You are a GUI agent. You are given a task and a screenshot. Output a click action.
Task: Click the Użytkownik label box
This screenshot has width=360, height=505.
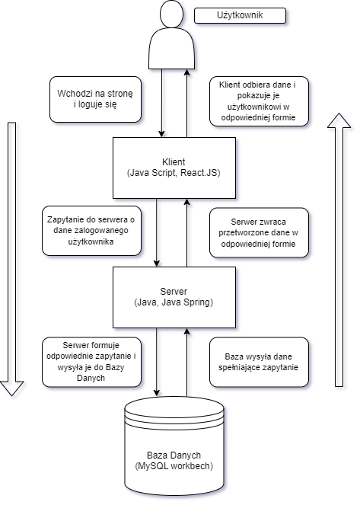pyautogui.click(x=240, y=15)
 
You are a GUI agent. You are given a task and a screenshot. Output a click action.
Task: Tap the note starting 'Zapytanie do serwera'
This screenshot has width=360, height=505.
pyautogui.click(x=91, y=231)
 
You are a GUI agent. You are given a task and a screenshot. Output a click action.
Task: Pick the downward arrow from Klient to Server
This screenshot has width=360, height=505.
pyautogui.click(x=157, y=232)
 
